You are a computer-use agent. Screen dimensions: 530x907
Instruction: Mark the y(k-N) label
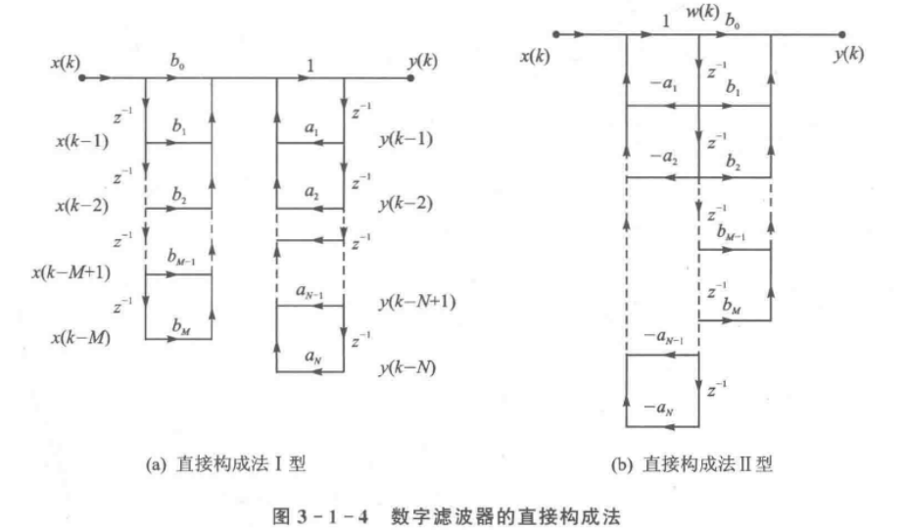pos(405,369)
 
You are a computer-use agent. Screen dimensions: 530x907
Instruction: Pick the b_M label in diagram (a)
pos(179,325)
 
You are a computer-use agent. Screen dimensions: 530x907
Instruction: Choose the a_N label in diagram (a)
pos(311,355)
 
